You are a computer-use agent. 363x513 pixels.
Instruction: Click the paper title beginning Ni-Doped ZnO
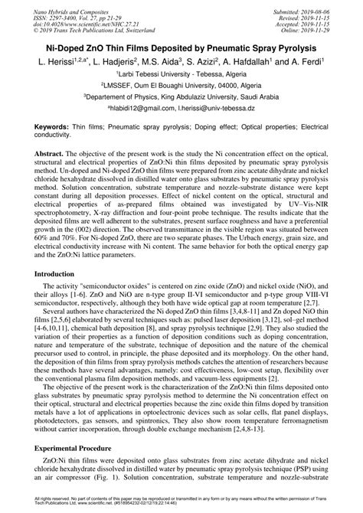click(x=181, y=47)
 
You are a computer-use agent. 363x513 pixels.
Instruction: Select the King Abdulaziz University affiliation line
click(x=181, y=99)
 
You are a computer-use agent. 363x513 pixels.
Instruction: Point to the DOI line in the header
click(x=70, y=18)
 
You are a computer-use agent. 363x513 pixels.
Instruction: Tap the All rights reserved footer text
click(x=181, y=502)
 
